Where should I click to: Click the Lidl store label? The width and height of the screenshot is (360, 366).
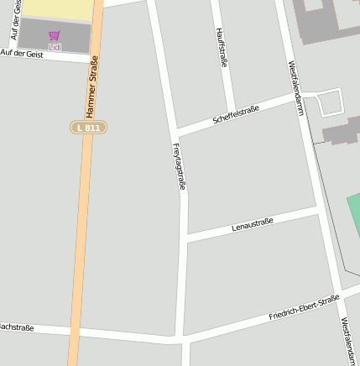click(x=55, y=47)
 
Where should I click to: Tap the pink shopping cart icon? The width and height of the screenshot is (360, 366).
click(x=55, y=35)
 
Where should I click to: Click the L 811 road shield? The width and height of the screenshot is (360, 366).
click(x=88, y=128)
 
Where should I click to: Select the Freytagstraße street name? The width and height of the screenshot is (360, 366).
click(x=178, y=167)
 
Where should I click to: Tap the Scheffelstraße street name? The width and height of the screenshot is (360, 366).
click(x=236, y=115)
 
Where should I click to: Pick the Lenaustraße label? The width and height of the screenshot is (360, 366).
click(x=253, y=225)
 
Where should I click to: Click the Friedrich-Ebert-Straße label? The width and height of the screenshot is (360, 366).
click(x=304, y=307)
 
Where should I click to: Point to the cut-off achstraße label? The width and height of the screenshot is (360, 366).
click(x=17, y=327)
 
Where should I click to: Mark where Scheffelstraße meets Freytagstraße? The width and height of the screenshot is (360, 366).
click(x=177, y=133)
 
